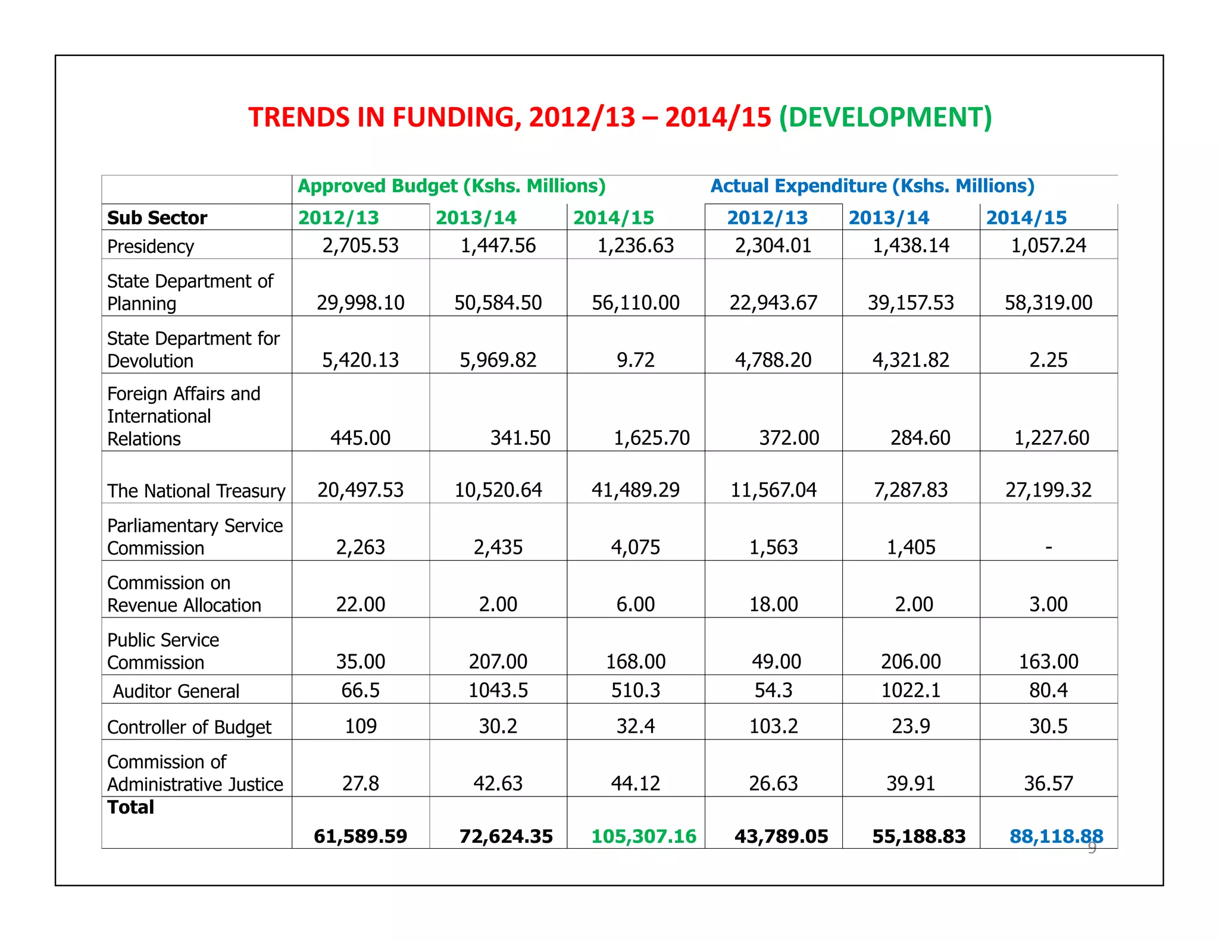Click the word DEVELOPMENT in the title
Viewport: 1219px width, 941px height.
coord(885,117)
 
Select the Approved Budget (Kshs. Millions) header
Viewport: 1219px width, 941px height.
coord(451,186)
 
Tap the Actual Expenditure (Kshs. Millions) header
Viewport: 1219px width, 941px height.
coord(872,186)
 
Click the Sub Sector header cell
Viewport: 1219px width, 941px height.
coord(157,218)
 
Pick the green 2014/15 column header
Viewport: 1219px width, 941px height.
coord(613,218)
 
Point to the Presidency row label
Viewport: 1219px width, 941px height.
coord(151,246)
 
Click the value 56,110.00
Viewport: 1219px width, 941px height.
coord(635,303)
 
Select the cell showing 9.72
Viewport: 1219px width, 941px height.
coord(635,360)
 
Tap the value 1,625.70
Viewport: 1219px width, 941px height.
coord(651,438)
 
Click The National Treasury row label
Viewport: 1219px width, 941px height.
coord(196,491)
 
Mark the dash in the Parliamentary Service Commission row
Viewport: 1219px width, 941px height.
coord(1048,547)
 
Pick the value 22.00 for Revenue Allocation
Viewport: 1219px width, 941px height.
coord(360,604)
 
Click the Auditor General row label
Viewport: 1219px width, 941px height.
coord(176,691)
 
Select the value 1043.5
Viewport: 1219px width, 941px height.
coord(498,690)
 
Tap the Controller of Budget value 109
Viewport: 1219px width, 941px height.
coord(360,726)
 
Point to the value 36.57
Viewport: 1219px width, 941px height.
coord(1048,783)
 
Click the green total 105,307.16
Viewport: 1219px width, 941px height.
coord(643,836)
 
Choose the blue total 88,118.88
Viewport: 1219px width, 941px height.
coord(1055,836)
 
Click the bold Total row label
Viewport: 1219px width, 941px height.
coord(130,807)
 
